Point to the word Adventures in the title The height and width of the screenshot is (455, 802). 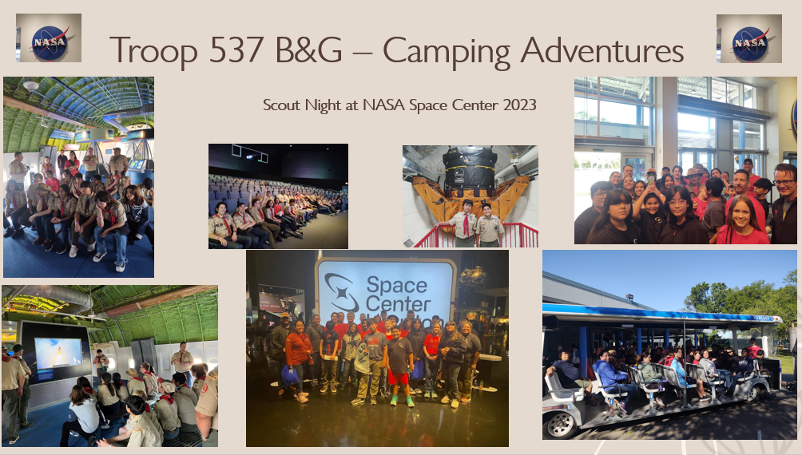click(x=602, y=50)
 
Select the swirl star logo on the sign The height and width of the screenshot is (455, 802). click(x=342, y=292)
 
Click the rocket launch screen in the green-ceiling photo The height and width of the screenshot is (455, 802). click(x=58, y=353)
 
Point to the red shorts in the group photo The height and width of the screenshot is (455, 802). click(x=399, y=378)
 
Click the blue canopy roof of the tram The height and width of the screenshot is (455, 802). click(x=660, y=313)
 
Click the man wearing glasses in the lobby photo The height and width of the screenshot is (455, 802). click(x=784, y=204)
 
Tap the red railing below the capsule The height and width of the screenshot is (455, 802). click(x=475, y=236)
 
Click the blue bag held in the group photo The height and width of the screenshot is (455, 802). click(x=290, y=376)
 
